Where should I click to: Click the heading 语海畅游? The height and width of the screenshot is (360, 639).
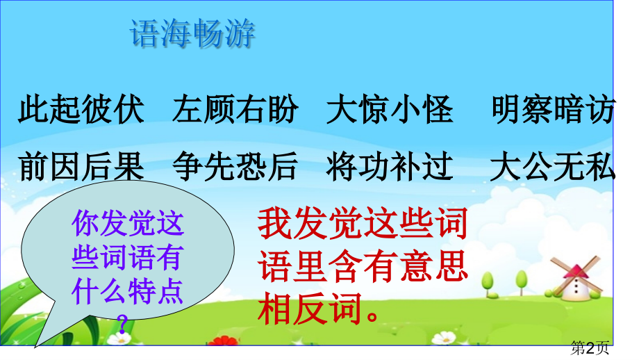click(192, 35)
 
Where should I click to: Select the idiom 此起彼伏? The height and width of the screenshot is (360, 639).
click(81, 110)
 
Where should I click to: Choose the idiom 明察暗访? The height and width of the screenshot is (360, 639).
click(552, 110)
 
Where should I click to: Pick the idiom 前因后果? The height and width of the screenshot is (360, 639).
click(81, 167)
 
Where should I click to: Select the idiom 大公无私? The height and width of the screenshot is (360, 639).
click(552, 167)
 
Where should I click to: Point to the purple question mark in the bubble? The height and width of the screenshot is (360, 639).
click(123, 321)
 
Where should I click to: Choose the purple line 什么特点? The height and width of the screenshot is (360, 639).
click(127, 293)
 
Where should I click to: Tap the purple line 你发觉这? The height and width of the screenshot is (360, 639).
click(127, 224)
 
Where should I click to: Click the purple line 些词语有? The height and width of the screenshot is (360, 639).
click(127, 259)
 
